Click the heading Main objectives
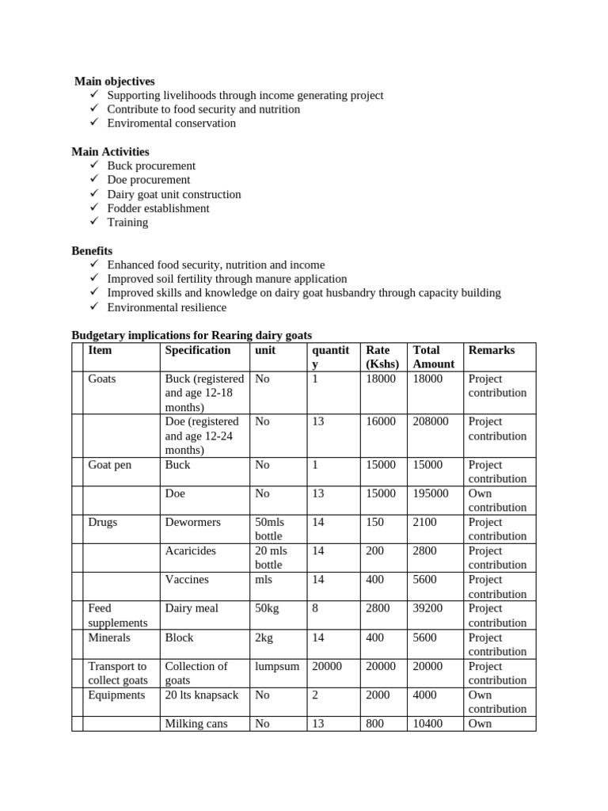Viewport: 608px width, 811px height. (115, 81)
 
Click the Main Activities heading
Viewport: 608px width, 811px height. (110, 151)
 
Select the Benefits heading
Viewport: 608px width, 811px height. (92, 250)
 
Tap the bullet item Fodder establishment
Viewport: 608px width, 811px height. (158, 208)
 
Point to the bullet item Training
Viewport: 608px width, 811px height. (127, 223)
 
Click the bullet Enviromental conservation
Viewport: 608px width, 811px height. (171, 123)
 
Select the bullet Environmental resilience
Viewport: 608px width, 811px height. (166, 307)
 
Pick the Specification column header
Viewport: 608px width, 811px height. (198, 350)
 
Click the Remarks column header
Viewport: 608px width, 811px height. (492, 350)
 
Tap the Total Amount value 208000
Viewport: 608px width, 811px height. (431, 422)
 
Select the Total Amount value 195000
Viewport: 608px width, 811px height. (431, 493)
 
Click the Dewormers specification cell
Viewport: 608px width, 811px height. (192, 523)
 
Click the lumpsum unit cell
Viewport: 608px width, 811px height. (277, 667)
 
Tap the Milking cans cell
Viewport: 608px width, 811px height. (196, 724)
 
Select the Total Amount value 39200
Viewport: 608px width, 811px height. (427, 608)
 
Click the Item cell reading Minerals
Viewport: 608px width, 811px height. (109, 638)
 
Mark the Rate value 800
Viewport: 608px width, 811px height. (374, 724)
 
